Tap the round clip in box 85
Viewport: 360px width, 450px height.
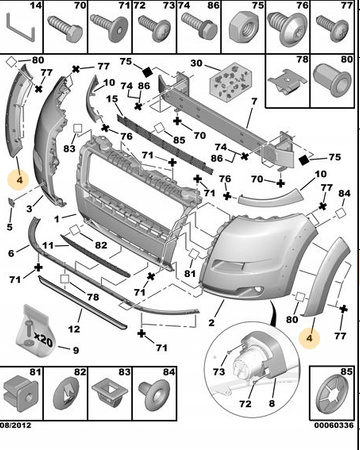pyautogui.click(x=333, y=395)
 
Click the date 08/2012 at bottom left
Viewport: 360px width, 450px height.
pyautogui.click(x=16, y=425)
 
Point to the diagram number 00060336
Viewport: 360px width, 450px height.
pyautogui.click(x=334, y=425)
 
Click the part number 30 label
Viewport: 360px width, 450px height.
pyautogui.click(x=196, y=63)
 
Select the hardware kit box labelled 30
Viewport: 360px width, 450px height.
pyautogui.click(x=230, y=81)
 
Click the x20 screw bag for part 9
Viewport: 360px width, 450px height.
pyautogui.click(x=36, y=330)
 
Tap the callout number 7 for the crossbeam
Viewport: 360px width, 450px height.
pyautogui.click(x=254, y=101)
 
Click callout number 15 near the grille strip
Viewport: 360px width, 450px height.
pyautogui.click(x=112, y=99)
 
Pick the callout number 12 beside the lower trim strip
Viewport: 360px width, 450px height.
pyautogui.click(x=74, y=329)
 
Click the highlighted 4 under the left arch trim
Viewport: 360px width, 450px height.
pyautogui.click(x=19, y=180)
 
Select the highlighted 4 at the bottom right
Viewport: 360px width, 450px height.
pyautogui.click(x=310, y=338)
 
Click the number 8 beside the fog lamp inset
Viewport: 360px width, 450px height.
pyautogui.click(x=272, y=404)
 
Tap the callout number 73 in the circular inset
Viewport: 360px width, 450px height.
pyautogui.click(x=219, y=371)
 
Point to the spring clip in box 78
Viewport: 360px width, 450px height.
pyautogui.click(x=287, y=82)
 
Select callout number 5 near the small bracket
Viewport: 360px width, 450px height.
pyautogui.click(x=9, y=227)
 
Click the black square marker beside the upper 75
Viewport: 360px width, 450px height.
pyautogui.click(x=147, y=72)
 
